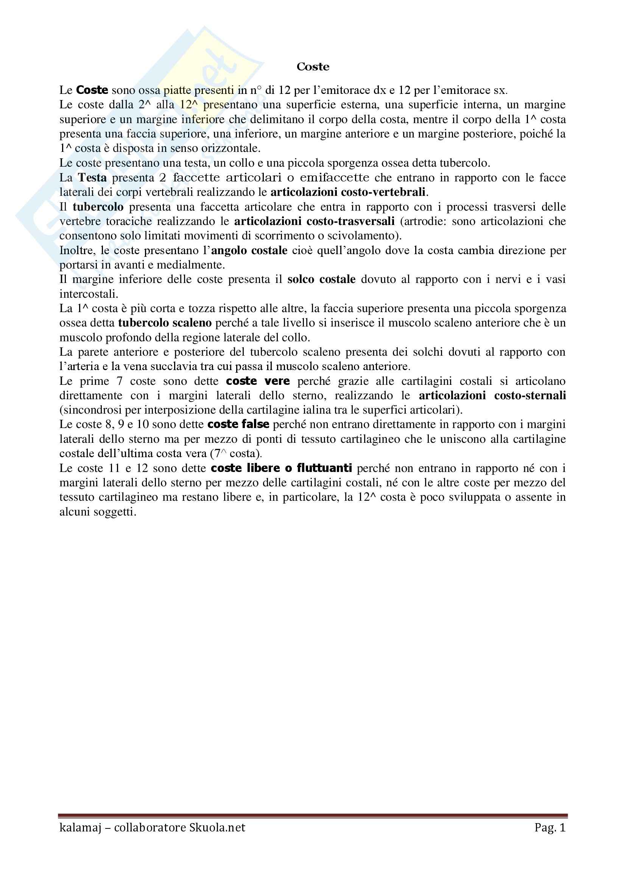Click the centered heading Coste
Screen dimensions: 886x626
pyautogui.click(x=313, y=67)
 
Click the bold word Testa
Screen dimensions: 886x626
pyautogui.click(x=92, y=178)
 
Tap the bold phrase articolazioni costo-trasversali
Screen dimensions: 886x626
pyautogui.click(x=314, y=221)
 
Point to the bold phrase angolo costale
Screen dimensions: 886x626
pyautogui.click(x=249, y=250)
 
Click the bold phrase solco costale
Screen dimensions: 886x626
pyautogui.click(x=321, y=279)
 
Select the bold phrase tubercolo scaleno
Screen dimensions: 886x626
pyautogui.click(x=165, y=323)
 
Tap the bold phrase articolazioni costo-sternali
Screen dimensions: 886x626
pyautogui.click(x=492, y=395)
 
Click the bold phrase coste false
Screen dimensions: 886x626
pyautogui.click(x=238, y=424)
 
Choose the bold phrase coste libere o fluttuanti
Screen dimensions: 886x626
pyautogui.click(x=281, y=468)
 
